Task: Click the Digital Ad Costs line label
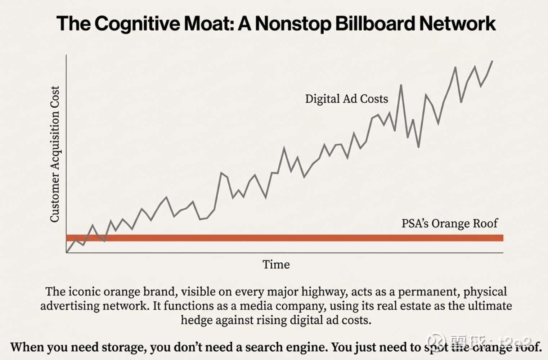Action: click(x=346, y=99)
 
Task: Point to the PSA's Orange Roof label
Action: click(x=449, y=224)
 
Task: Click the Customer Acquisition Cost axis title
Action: click(x=55, y=154)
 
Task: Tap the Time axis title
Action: click(x=276, y=265)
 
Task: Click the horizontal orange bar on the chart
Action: click(x=284, y=238)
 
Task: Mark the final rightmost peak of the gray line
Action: click(x=492, y=61)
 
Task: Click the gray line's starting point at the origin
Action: click(x=67, y=252)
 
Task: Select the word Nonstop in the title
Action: click(x=292, y=24)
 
